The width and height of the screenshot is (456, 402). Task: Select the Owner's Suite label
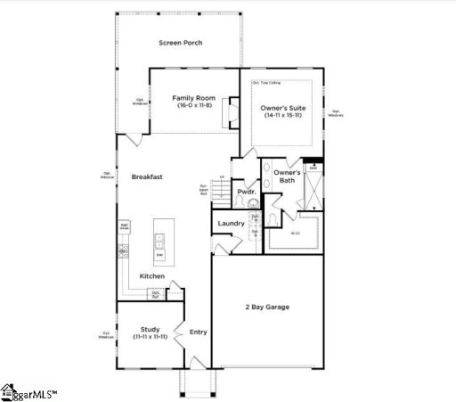pyautogui.click(x=282, y=107)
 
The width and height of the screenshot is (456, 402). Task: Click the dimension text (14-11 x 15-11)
pyautogui.click(x=282, y=115)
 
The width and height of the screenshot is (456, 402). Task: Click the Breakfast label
pyautogui.click(x=147, y=176)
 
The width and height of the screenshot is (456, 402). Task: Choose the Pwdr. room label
pyautogui.click(x=247, y=192)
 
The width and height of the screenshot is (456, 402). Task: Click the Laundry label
pyautogui.click(x=232, y=224)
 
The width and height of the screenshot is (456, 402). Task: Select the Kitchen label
pyautogui.click(x=152, y=276)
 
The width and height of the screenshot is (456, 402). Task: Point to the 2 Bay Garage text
pyautogui.click(x=267, y=308)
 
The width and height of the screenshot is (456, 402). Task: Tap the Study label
pyautogui.click(x=150, y=329)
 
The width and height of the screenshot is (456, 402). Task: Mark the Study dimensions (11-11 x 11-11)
pyautogui.click(x=150, y=337)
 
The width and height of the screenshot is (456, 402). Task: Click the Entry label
pyautogui.click(x=198, y=332)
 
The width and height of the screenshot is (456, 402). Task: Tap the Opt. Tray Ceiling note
pyautogui.click(x=266, y=81)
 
